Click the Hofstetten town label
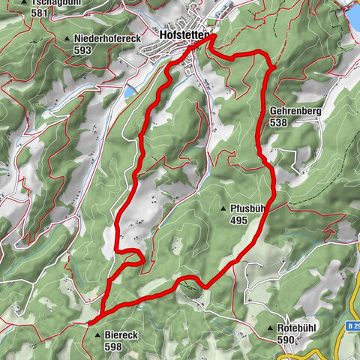coord(184,34)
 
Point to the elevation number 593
coord(82,50)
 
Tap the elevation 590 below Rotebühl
coord(286,339)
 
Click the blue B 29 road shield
coord(352,327)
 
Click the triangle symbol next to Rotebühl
coord(270,328)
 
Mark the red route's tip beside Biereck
coord(90,322)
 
